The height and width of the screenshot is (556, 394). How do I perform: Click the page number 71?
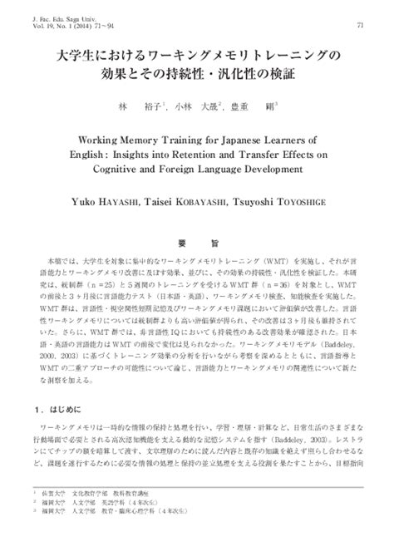coord(359,26)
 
